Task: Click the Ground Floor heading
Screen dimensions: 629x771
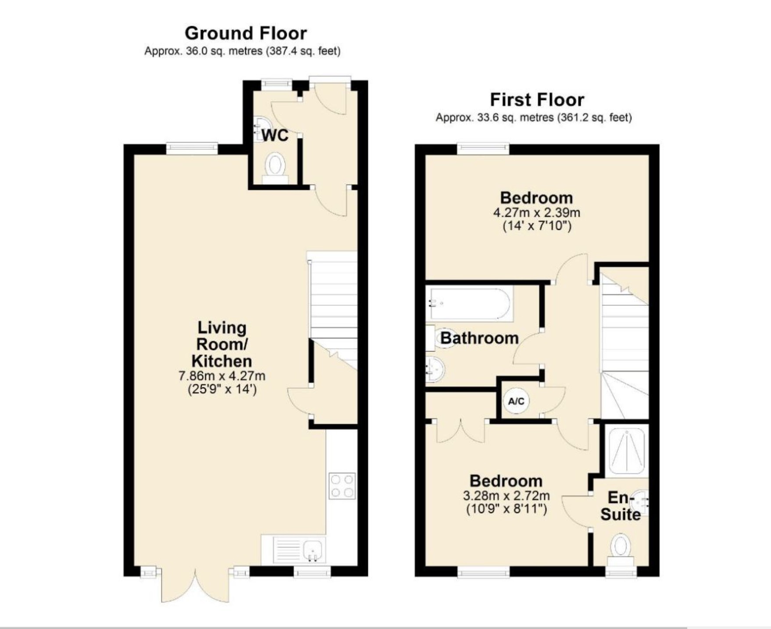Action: [x=246, y=33]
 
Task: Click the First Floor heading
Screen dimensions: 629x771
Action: [x=537, y=100]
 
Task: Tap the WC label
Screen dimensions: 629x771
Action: [x=275, y=135]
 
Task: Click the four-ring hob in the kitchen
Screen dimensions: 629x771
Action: [x=342, y=486]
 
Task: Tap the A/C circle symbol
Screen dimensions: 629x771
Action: [x=516, y=401]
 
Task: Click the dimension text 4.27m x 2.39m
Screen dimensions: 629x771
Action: [x=536, y=213]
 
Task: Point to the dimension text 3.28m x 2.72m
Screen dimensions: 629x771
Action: [x=506, y=496]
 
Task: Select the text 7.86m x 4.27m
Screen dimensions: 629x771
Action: [x=222, y=376]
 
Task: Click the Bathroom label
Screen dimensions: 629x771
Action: [x=479, y=338]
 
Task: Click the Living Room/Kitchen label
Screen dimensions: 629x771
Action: [x=222, y=344]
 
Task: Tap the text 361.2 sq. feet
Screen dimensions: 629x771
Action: [x=594, y=118]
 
